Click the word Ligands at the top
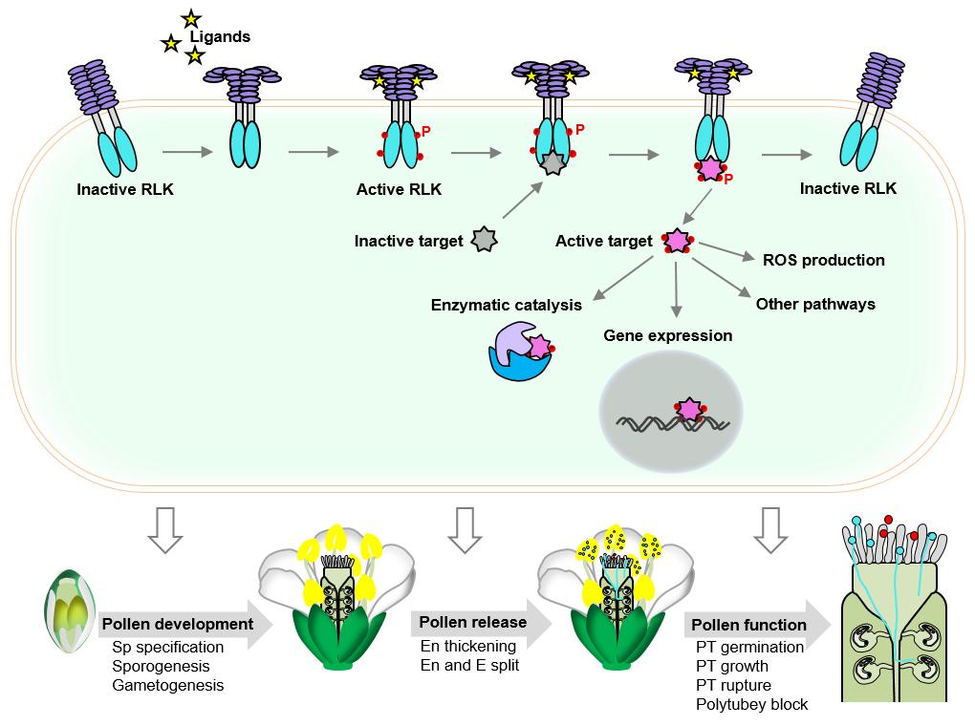pyautogui.click(x=220, y=37)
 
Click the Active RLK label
pyautogui.click(x=399, y=189)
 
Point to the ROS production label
pyautogui.click(x=823, y=260)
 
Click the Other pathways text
pyautogui.click(x=815, y=305)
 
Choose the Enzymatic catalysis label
pyautogui.click(x=506, y=306)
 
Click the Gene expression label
pyautogui.click(x=667, y=336)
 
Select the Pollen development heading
pyautogui.click(x=177, y=625)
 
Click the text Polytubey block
pyautogui.click(x=751, y=705)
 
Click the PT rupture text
pyautogui.click(x=733, y=685)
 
